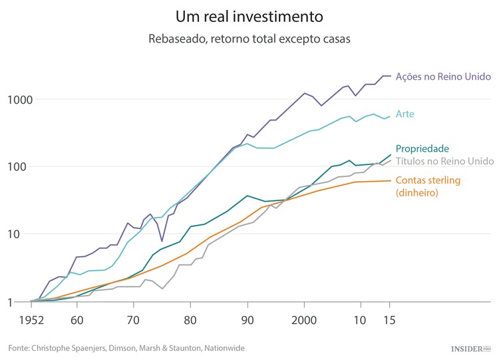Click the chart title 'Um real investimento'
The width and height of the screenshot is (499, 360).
(x=249, y=15)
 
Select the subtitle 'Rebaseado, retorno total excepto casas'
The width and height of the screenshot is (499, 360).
(x=249, y=39)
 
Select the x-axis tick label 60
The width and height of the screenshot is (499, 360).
(x=77, y=320)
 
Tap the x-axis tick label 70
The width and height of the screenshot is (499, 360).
(x=133, y=320)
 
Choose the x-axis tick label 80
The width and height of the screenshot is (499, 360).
(x=190, y=320)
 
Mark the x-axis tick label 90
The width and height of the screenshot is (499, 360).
(x=248, y=320)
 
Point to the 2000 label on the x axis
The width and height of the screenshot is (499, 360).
(x=304, y=320)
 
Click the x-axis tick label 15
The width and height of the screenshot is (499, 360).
(x=390, y=320)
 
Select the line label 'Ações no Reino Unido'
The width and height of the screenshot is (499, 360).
(x=443, y=77)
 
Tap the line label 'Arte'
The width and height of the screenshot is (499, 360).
(x=405, y=114)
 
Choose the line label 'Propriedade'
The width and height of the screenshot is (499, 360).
(x=422, y=149)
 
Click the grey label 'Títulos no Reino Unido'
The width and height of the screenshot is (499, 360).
(x=444, y=162)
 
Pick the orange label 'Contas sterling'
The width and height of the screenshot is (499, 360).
(x=428, y=180)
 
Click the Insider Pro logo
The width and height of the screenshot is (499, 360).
(x=469, y=348)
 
